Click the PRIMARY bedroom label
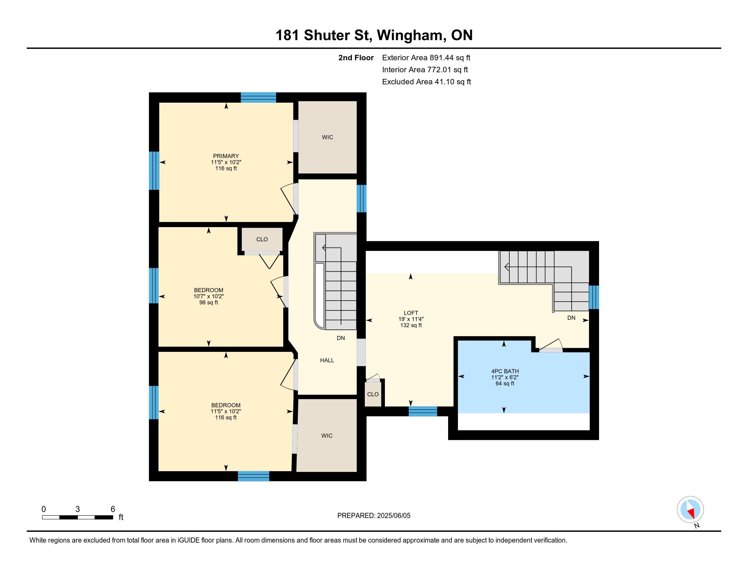[x=226, y=156]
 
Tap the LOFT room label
[x=411, y=313]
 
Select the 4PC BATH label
[x=505, y=371]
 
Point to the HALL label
[x=327, y=360]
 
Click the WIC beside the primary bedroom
[x=327, y=137]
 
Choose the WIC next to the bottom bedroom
[x=327, y=436]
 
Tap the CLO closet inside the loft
[x=373, y=394]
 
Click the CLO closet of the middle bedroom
[x=262, y=239]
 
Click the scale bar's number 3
[x=78, y=509]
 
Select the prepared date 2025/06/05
[x=393, y=516]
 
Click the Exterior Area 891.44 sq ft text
[x=426, y=57]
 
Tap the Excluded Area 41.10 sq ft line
[x=426, y=82]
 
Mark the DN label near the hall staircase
[x=341, y=338]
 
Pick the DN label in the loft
[x=571, y=318]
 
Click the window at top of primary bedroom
[x=258, y=98]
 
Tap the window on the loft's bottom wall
[x=423, y=411]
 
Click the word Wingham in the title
[x=411, y=35]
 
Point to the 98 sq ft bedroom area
[x=208, y=303]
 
